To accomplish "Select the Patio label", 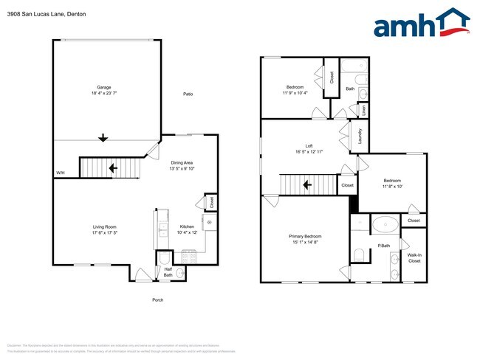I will (188, 94).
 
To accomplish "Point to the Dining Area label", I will (182, 165).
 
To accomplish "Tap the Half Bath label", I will (168, 272).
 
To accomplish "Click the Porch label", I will (157, 300).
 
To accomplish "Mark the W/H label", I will (60, 173).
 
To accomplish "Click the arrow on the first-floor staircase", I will (114, 168).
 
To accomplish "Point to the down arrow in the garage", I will (103, 137).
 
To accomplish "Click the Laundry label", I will (360, 136).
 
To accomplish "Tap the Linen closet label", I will (363, 110).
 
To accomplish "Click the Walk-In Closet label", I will (414, 257).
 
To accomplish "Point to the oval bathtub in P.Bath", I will (384, 224).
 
